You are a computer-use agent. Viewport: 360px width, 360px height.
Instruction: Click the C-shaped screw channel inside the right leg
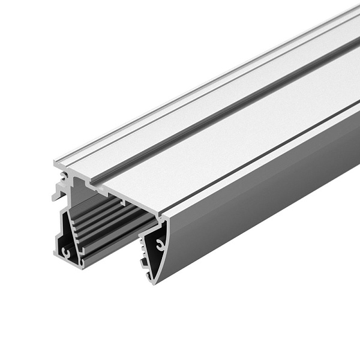coord(160,244)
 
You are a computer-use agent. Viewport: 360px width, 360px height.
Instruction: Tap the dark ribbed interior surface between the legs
coord(114,222)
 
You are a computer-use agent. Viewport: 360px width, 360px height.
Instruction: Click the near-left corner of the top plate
coord(56,163)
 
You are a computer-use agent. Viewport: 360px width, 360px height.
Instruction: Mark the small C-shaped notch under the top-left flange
coord(65,175)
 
